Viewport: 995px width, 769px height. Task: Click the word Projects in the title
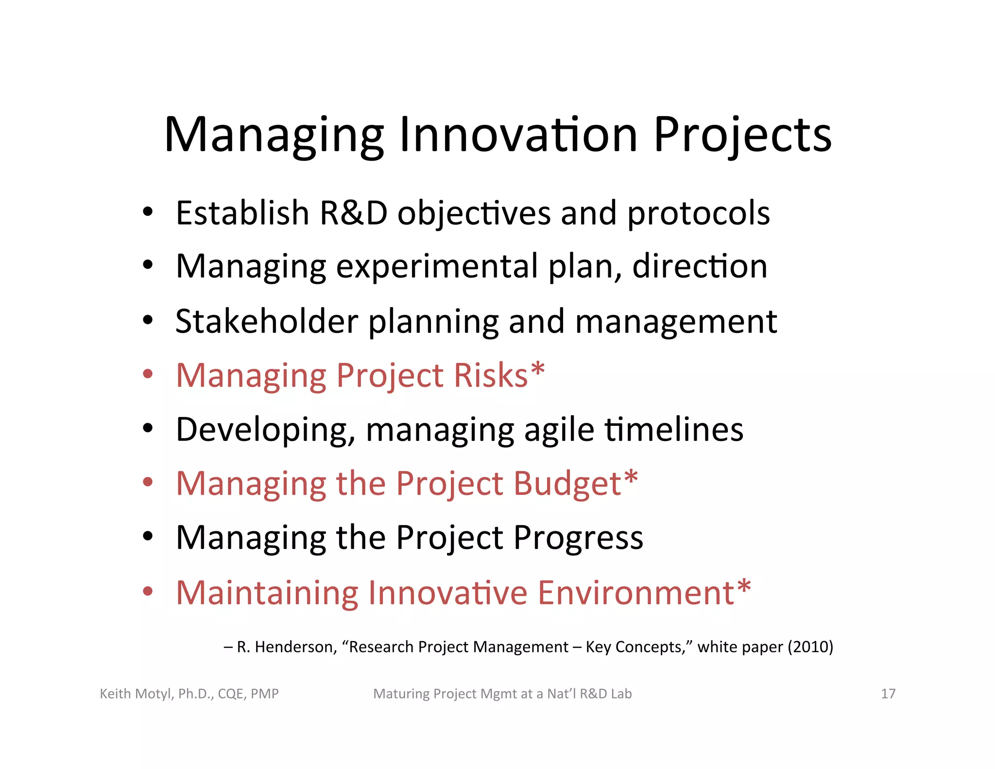tap(742, 136)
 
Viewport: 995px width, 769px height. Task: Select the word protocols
tap(698, 214)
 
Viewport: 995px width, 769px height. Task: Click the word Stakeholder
tap(267, 321)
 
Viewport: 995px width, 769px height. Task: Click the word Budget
tap(567, 484)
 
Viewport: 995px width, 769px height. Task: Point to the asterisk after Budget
tap(631, 479)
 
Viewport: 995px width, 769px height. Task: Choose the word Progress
tap(578, 539)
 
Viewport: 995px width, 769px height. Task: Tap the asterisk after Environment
tap(744, 588)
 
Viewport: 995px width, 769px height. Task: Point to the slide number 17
tap(888, 694)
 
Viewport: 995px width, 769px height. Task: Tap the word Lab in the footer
tap(621, 694)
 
